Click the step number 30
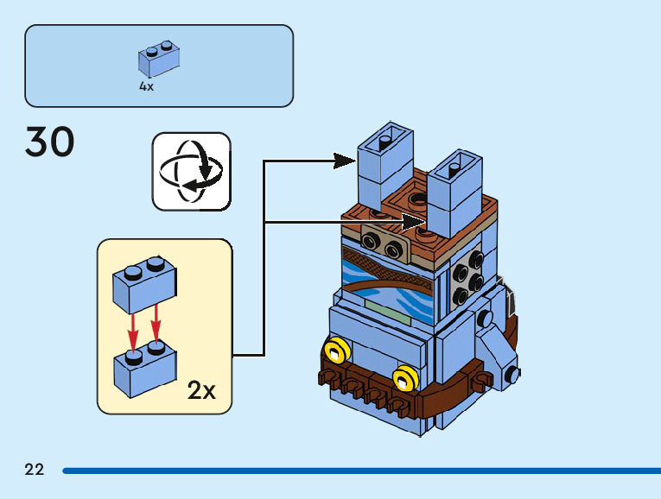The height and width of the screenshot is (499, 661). tap(50, 142)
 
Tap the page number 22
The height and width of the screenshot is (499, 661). tap(35, 470)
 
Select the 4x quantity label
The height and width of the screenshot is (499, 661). tap(146, 86)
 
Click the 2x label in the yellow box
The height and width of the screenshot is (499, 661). tap(201, 391)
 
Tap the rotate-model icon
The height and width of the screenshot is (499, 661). tap(192, 171)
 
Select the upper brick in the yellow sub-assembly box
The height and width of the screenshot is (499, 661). tap(144, 285)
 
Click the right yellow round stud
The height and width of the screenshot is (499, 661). tap(404, 377)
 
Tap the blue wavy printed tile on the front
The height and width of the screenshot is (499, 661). tap(389, 281)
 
